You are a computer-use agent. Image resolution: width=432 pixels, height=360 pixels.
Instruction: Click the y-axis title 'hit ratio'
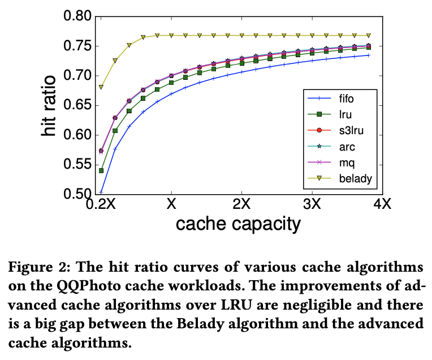pos(50,106)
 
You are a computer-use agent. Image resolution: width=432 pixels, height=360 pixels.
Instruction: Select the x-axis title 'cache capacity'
pos(237,224)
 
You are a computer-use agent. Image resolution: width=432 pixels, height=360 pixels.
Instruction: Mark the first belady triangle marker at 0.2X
pos(101,87)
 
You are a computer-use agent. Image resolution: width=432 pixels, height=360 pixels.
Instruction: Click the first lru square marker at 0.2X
pos(101,170)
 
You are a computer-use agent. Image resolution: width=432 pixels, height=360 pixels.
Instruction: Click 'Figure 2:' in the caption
pos(40,265)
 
